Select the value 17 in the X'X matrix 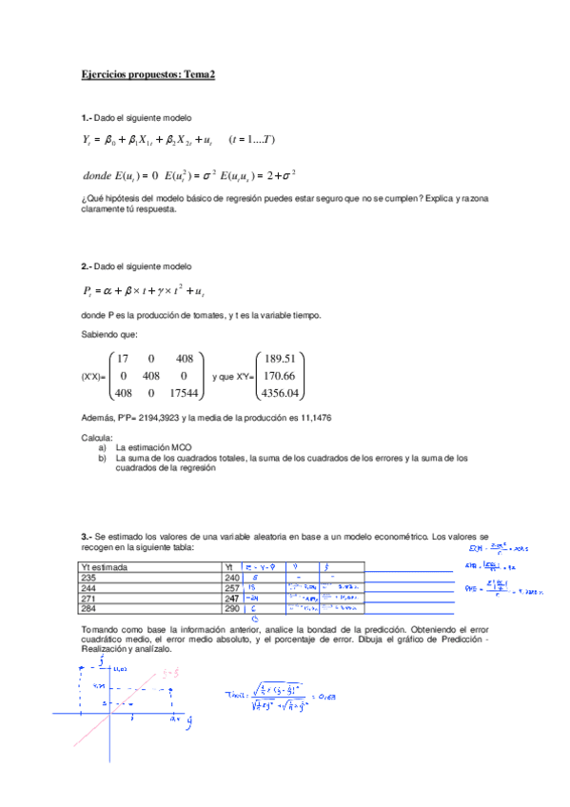(x=120, y=359)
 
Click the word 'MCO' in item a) (x=177, y=445)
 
